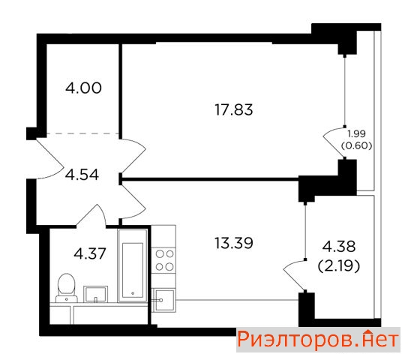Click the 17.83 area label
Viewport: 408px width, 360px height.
pos(234,109)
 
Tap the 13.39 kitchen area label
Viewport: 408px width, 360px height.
pos(234,243)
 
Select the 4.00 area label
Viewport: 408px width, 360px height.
pos(83,88)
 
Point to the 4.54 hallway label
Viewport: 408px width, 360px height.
pos(82,175)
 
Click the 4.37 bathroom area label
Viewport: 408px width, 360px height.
pos(90,253)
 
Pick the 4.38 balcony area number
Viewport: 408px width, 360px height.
pos(339,246)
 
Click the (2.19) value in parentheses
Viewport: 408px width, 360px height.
pos(339,265)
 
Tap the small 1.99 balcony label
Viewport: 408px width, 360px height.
pos(357,133)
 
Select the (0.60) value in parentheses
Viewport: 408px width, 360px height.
pos(356,146)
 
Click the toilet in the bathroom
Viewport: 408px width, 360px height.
pos(67,288)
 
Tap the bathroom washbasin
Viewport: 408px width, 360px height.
pos(95,294)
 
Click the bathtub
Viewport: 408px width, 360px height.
pos(133,265)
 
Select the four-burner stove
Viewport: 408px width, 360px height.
pos(163,260)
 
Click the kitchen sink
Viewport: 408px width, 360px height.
pos(163,301)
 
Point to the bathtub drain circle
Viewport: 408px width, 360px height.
pos(133,293)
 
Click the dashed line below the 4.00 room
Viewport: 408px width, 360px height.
pos(82,133)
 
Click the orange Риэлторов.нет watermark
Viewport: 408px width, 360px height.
pos(318,340)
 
